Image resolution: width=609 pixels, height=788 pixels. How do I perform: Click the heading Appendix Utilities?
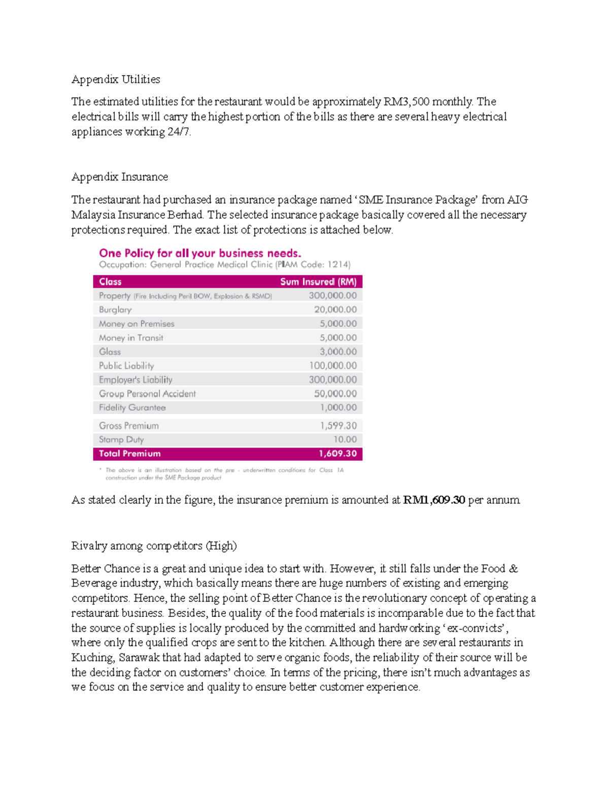116,79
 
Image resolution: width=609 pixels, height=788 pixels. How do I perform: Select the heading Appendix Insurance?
120,177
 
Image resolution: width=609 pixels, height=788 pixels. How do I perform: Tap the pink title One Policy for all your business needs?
200,253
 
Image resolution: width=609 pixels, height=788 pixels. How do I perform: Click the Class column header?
110,282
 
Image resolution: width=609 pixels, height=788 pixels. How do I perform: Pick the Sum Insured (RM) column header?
318,282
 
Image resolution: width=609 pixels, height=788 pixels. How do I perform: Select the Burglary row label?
115,310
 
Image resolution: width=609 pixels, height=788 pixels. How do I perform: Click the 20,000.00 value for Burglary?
335,310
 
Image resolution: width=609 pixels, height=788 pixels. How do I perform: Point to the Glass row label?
110,352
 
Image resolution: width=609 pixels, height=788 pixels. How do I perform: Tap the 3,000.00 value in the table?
338,352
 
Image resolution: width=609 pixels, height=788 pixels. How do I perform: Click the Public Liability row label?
126,366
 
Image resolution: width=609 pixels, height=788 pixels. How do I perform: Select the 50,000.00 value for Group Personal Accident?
335,394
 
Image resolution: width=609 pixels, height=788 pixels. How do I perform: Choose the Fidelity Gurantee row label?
132,407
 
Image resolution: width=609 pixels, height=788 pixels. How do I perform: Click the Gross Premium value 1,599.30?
338,426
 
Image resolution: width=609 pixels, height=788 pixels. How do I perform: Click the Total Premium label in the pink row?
129,454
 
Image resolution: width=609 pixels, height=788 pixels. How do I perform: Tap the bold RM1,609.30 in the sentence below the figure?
434,500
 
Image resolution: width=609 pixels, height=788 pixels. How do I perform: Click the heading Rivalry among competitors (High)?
154,546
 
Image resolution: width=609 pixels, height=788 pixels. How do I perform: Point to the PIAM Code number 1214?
338,264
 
